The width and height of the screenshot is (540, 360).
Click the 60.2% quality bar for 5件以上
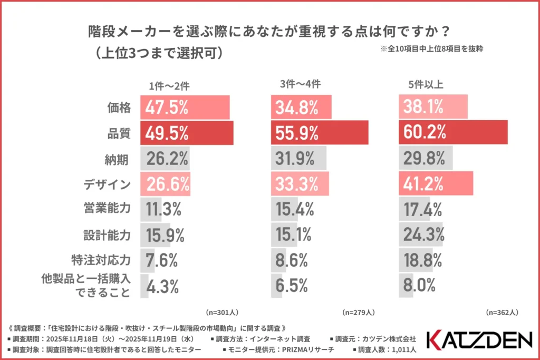pyautogui.click(x=453, y=132)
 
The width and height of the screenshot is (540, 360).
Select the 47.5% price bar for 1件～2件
pyautogui.click(x=185, y=108)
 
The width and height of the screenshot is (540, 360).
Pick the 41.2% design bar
pyautogui.click(x=436, y=183)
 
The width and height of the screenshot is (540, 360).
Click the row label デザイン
pyautogui.click(x=107, y=184)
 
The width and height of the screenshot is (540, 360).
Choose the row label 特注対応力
pyautogui.click(x=102, y=260)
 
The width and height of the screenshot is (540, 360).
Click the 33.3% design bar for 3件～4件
pyautogui.click(x=300, y=183)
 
